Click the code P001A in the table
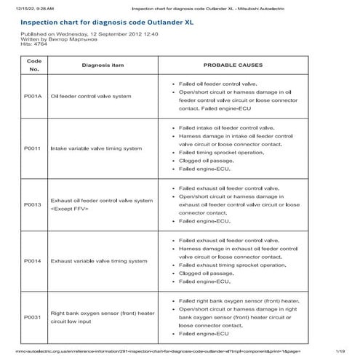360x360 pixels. tap(33, 95)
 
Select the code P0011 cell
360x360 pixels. tap(33, 148)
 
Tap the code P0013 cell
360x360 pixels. tap(33, 204)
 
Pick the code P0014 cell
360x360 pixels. tap(33, 260)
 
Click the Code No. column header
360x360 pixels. tap(33, 65)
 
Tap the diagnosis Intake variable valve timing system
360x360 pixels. tap(96, 148)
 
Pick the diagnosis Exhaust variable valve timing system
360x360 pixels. tap(98, 260)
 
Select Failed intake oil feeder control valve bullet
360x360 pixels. tap(232, 127)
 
